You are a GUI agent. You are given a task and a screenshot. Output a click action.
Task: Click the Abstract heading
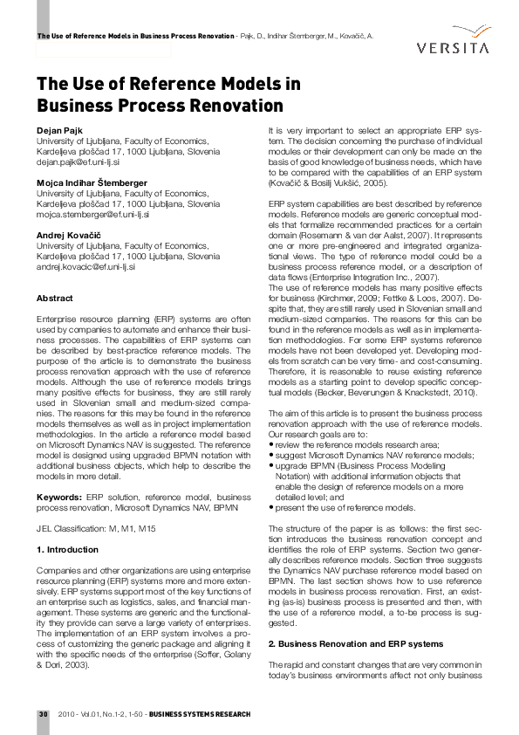[x=54, y=299]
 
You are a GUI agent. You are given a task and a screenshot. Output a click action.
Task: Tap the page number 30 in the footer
[x=42, y=715]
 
